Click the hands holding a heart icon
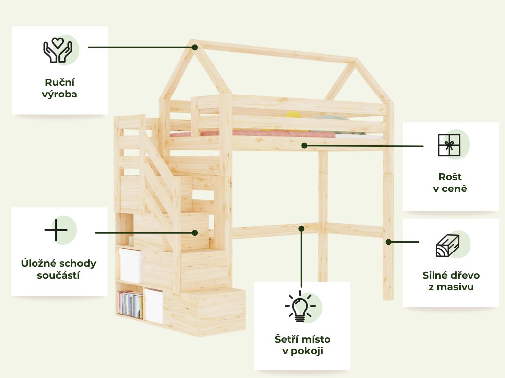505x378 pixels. pyautogui.click(x=58, y=50)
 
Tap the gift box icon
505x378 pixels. pyautogui.click(x=449, y=145)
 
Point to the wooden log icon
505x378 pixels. pyautogui.click(x=447, y=246)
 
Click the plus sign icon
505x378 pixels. pyautogui.click(x=56, y=230)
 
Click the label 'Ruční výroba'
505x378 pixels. pyautogui.click(x=60, y=88)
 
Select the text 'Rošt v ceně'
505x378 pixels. pyautogui.click(x=450, y=182)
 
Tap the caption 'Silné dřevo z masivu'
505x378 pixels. pyautogui.click(x=451, y=281)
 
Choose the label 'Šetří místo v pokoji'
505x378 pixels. pyautogui.click(x=302, y=345)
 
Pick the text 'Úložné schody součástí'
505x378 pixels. pyautogui.click(x=59, y=269)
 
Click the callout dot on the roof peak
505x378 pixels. pyautogui.click(x=195, y=47)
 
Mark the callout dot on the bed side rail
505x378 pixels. pyautogui.click(x=304, y=145)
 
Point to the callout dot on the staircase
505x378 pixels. pyautogui.click(x=195, y=232)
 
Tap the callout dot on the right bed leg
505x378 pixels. pyautogui.click(x=388, y=242)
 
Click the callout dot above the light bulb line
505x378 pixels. pyautogui.click(x=301, y=228)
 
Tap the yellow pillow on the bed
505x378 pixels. pyautogui.click(x=292, y=116)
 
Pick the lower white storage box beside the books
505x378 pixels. pyautogui.click(x=154, y=306)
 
